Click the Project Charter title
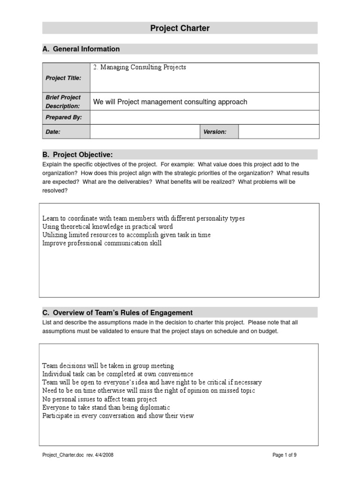[x=180, y=28]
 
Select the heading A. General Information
[x=81, y=49]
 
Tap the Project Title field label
[x=63, y=78]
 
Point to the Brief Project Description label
[x=63, y=102]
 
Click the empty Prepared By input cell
[x=204, y=118]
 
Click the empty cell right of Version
[x=278, y=132]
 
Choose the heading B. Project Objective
[x=78, y=155]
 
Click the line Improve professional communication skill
[x=102, y=243]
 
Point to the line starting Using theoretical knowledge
[x=108, y=227]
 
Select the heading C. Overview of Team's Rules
[x=118, y=313]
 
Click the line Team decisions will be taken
[x=108, y=366]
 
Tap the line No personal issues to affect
[x=100, y=399]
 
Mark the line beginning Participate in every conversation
[x=118, y=416]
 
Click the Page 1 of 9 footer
[x=284, y=455]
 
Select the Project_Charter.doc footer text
[x=78, y=455]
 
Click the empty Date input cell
[x=145, y=132]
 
